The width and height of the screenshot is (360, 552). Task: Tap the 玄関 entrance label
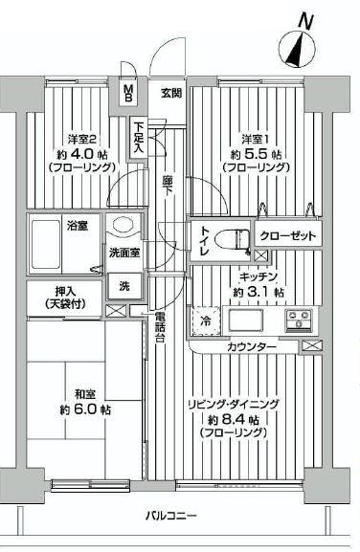click(x=171, y=93)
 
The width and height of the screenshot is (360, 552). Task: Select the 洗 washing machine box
click(x=125, y=284)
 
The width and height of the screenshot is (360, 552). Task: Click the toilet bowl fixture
click(x=227, y=238)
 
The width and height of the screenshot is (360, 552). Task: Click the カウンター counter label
click(x=254, y=345)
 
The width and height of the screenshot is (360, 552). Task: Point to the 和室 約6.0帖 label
click(x=81, y=400)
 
